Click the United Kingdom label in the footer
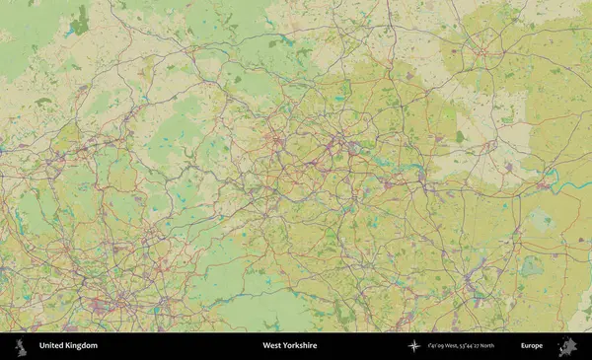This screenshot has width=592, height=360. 68,345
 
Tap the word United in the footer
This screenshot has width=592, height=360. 52,345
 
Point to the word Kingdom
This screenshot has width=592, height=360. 82,345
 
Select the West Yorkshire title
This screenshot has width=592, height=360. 289,345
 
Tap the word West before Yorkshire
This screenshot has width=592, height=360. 270,345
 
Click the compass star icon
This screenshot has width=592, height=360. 414,345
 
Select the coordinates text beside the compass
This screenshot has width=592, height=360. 462,345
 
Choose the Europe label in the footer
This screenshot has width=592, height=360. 532,345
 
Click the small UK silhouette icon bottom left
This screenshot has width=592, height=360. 21,345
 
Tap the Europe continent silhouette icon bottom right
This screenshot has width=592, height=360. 567,346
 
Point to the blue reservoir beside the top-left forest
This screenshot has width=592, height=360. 69,34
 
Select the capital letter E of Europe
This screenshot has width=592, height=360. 523,345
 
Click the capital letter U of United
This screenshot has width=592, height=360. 41,345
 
